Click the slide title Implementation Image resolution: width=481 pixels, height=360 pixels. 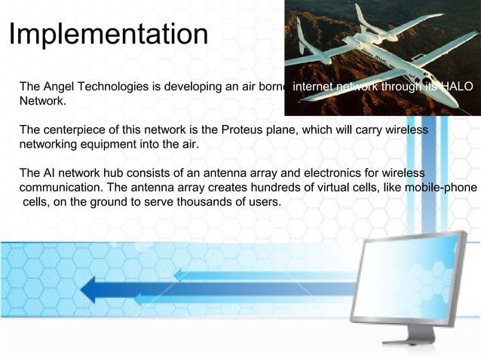point(108,34)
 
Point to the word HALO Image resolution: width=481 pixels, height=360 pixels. point(456,87)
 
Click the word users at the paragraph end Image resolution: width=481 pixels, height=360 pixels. point(265,201)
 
